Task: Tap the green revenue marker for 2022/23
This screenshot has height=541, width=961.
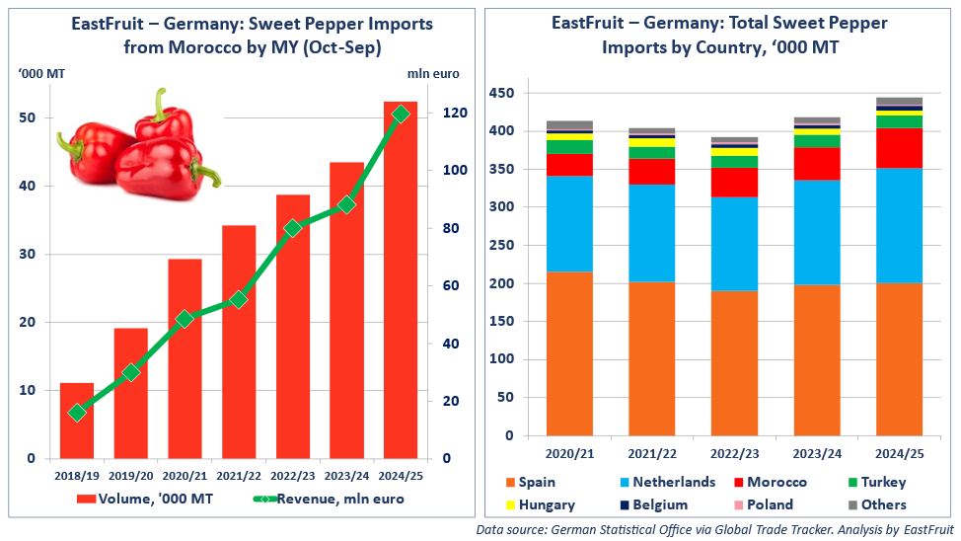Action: [293, 228]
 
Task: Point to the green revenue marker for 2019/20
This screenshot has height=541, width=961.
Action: [130, 372]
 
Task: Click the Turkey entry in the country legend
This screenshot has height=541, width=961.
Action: [878, 482]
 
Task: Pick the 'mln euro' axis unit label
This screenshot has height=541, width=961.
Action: [433, 73]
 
